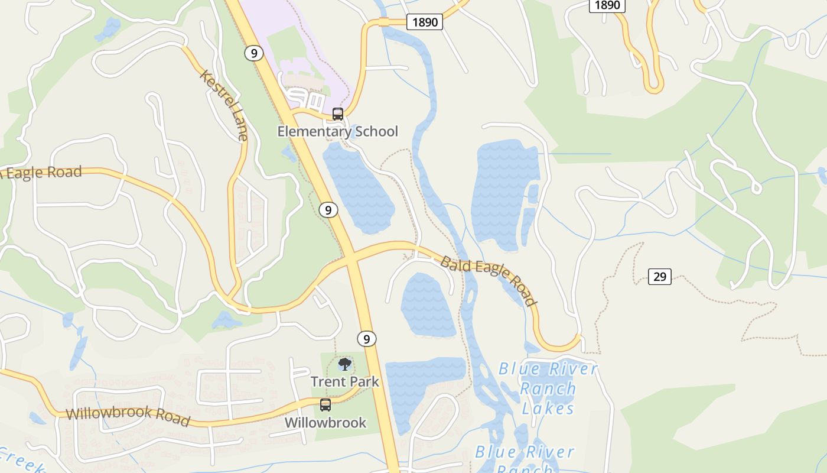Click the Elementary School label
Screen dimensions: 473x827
click(338, 131)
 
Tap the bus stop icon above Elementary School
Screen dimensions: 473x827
click(338, 114)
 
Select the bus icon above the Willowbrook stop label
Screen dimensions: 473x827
click(325, 405)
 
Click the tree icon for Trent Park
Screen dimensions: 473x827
click(345, 364)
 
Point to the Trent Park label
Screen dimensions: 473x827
click(345, 381)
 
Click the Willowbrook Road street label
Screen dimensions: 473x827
click(128, 416)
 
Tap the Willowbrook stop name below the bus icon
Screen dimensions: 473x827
click(325, 423)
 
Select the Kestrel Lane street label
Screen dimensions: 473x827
click(224, 105)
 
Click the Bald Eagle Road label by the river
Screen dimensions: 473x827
click(489, 280)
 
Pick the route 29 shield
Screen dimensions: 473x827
click(659, 276)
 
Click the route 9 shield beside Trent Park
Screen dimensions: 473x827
click(366, 339)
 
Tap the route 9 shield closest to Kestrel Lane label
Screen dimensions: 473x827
click(253, 53)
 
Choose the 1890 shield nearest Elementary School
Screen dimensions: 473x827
click(424, 22)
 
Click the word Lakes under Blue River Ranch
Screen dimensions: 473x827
click(548, 408)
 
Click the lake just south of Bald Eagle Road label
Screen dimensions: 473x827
click(428, 304)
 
